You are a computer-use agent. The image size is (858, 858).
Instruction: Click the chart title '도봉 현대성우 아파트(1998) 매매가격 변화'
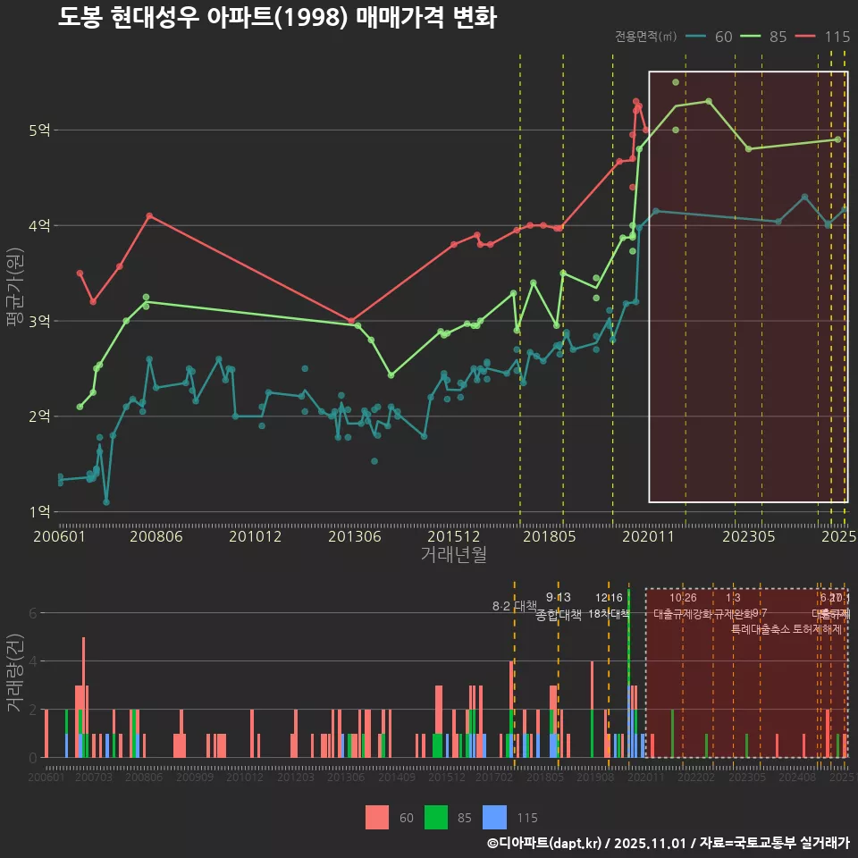point(277,18)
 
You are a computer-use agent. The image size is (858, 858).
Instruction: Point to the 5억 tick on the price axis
point(39,130)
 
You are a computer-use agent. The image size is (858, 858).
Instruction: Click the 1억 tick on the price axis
point(39,512)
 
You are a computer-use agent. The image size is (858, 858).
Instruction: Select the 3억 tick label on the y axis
point(39,321)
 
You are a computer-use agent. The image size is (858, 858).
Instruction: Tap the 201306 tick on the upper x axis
point(355,537)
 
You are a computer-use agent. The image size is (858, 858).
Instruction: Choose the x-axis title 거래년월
point(453,555)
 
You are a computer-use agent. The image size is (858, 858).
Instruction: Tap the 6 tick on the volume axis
point(32,613)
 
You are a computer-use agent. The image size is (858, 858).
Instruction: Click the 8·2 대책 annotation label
point(514,606)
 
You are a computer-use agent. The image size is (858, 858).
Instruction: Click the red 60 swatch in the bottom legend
point(377,817)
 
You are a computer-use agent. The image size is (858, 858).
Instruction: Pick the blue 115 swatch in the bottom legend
point(494,817)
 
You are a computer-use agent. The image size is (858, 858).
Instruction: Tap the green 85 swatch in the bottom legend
point(435,817)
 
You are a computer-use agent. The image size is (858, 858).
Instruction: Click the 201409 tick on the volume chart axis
point(396,778)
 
